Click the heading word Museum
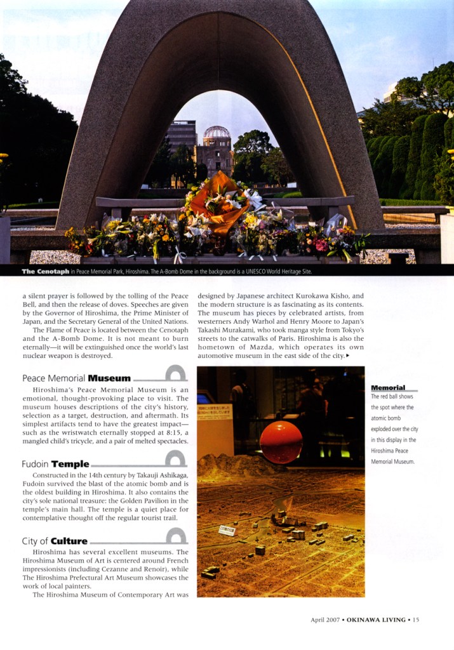[109, 378]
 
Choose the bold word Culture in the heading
[69, 541]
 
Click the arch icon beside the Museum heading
[175, 374]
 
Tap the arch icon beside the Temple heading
[175, 459]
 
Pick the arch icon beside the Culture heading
[175, 536]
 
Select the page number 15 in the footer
[416, 620]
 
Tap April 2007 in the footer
[325, 620]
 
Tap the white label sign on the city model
[226, 530]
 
